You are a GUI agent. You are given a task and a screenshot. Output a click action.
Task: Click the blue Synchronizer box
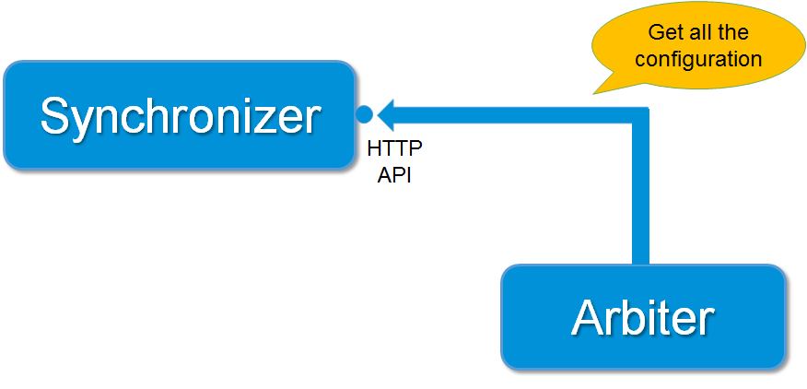click(x=179, y=115)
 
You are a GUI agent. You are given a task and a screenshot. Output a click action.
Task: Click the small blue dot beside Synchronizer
click(x=364, y=115)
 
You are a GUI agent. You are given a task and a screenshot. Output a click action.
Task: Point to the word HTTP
click(x=394, y=148)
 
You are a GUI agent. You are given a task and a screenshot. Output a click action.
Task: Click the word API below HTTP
click(x=394, y=175)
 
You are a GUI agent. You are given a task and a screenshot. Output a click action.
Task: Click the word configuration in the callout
click(x=698, y=60)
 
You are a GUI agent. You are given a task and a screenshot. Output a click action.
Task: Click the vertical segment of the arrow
click(x=641, y=194)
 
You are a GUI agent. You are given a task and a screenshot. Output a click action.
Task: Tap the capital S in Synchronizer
click(x=54, y=116)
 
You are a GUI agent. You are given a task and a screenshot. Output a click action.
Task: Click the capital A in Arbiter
click(x=588, y=318)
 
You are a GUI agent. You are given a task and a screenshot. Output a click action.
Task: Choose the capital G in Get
click(x=655, y=33)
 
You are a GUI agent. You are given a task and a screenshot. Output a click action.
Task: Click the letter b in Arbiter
click(x=628, y=318)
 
